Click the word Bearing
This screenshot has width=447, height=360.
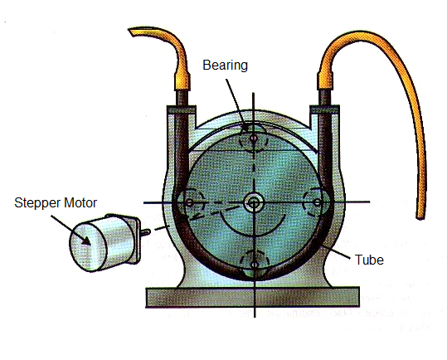[x=225, y=66]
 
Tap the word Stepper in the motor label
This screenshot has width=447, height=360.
[x=37, y=203]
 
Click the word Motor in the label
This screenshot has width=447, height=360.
[x=80, y=202]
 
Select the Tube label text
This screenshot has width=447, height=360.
[x=369, y=260]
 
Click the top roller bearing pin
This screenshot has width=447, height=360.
[x=254, y=139]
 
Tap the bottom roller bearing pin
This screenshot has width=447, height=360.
[x=255, y=265]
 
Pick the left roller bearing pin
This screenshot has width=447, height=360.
[x=189, y=203]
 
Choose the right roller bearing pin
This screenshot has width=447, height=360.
[x=318, y=202]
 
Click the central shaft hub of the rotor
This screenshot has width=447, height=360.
[x=254, y=203]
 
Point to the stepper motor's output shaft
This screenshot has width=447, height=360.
[x=145, y=232]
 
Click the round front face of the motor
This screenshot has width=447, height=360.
[x=88, y=246]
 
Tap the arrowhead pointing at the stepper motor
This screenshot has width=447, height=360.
[x=86, y=241]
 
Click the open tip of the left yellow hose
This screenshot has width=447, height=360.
[x=132, y=32]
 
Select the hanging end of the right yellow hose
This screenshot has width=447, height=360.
[x=420, y=216]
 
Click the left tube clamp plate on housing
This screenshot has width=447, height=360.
[x=182, y=109]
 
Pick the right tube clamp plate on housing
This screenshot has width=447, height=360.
[x=325, y=109]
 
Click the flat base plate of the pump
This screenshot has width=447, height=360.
[x=253, y=298]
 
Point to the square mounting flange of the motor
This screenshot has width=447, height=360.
[x=135, y=238]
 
